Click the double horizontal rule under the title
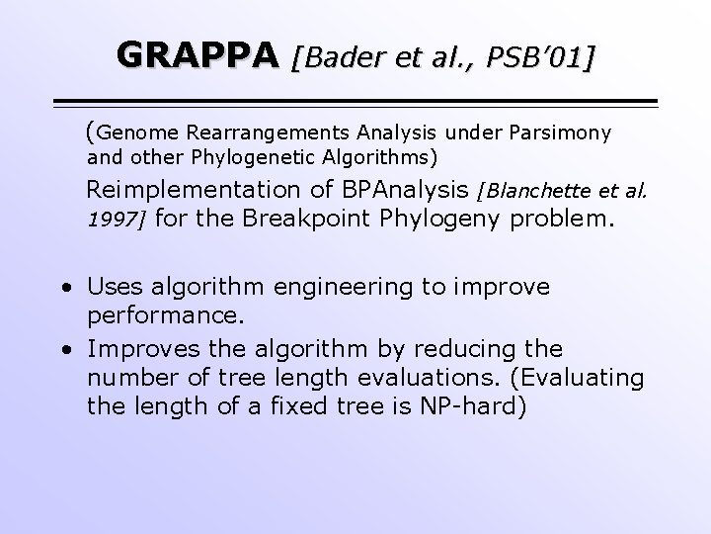pos(355,102)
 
